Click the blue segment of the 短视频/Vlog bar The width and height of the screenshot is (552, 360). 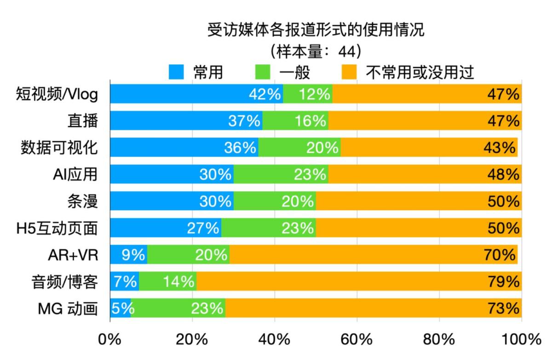184,94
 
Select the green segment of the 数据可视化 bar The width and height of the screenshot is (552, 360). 299,148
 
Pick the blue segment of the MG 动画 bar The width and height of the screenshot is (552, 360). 121,308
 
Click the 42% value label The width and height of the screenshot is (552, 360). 264,94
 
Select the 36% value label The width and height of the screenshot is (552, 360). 240,148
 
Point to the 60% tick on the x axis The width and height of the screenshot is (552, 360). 357,340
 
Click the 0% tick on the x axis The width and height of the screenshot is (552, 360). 110,340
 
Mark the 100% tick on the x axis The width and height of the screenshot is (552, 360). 522,340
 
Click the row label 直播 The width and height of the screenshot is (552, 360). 82,121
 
